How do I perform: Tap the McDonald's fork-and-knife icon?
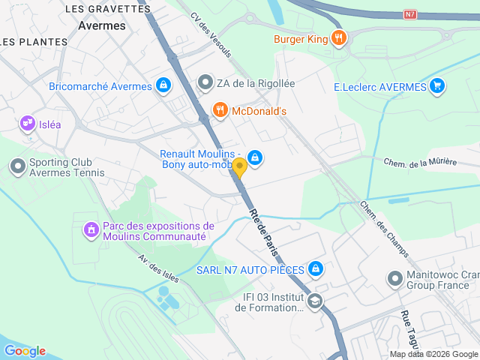point(220,111)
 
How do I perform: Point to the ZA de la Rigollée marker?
point(205,83)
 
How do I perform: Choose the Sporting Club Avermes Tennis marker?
point(17,166)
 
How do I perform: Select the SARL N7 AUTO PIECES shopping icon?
point(316,269)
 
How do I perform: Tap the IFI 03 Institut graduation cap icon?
point(315,301)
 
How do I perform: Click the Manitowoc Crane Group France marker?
point(394,279)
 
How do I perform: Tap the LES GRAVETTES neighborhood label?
point(108,9)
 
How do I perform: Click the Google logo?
point(25,350)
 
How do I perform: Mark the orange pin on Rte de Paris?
point(239,167)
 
